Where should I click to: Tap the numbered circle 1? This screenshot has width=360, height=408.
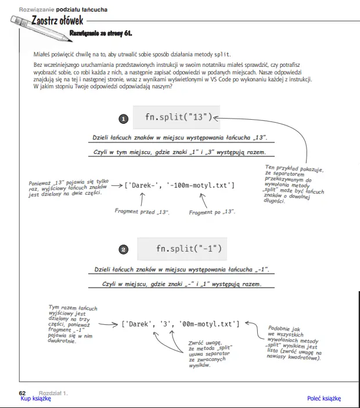(123, 119)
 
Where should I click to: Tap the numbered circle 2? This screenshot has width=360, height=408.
(123, 250)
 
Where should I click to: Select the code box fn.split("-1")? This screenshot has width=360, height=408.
(188, 249)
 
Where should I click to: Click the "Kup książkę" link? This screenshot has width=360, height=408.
(36, 398)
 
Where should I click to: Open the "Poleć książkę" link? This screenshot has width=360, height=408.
(324, 398)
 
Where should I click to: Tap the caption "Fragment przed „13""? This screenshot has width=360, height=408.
(142, 212)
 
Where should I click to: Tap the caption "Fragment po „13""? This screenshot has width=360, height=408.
(213, 213)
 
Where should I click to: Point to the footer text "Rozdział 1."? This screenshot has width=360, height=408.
(53, 393)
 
